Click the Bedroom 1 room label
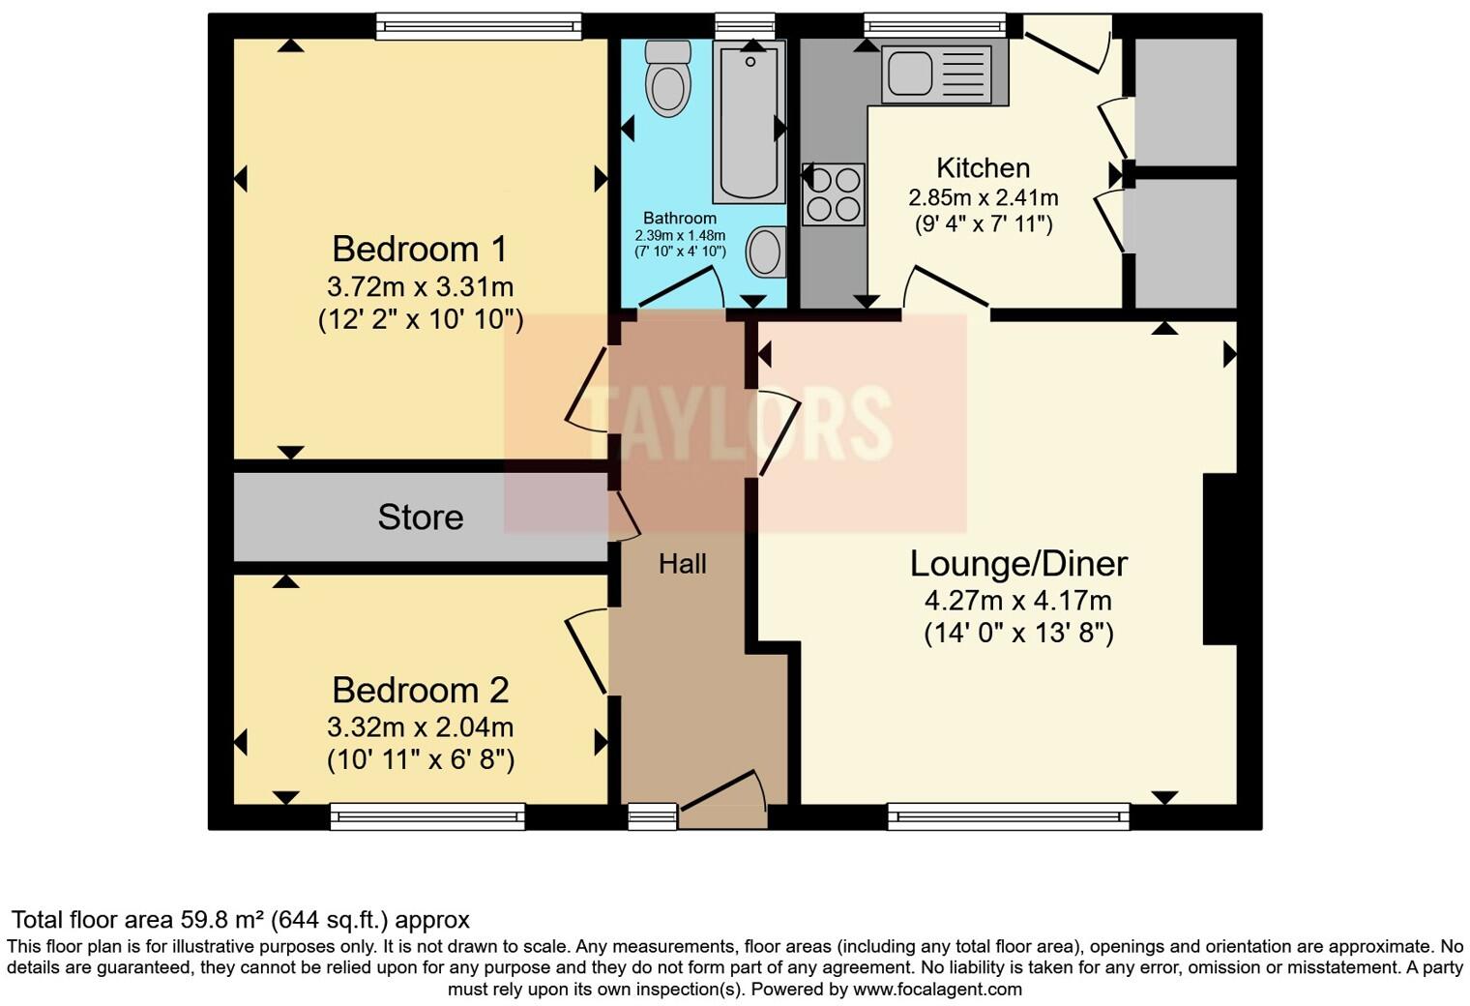pos(419,250)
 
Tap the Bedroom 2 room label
pos(420,691)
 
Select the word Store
pos(420,518)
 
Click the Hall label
pos(682,564)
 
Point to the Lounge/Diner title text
pos(1018,564)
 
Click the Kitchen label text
pos(983,168)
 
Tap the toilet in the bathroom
pos(667,77)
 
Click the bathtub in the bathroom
pos(749,121)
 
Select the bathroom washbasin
pos(765,251)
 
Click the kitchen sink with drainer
pos(944,74)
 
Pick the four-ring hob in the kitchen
pos(833,194)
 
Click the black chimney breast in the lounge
pos(1220,558)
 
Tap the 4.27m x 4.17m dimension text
pos(1017,601)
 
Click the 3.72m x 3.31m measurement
pos(420,287)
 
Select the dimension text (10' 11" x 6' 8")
pos(420,760)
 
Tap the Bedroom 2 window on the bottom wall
pos(427,817)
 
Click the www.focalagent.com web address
pos(937,990)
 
